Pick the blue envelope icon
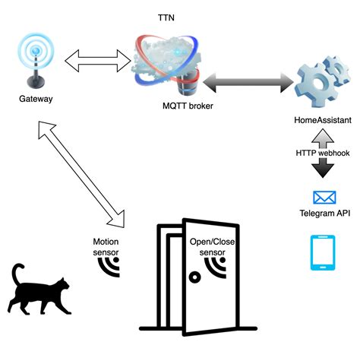click(324, 198)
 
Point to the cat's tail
click(16, 274)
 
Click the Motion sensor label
click(106, 246)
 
